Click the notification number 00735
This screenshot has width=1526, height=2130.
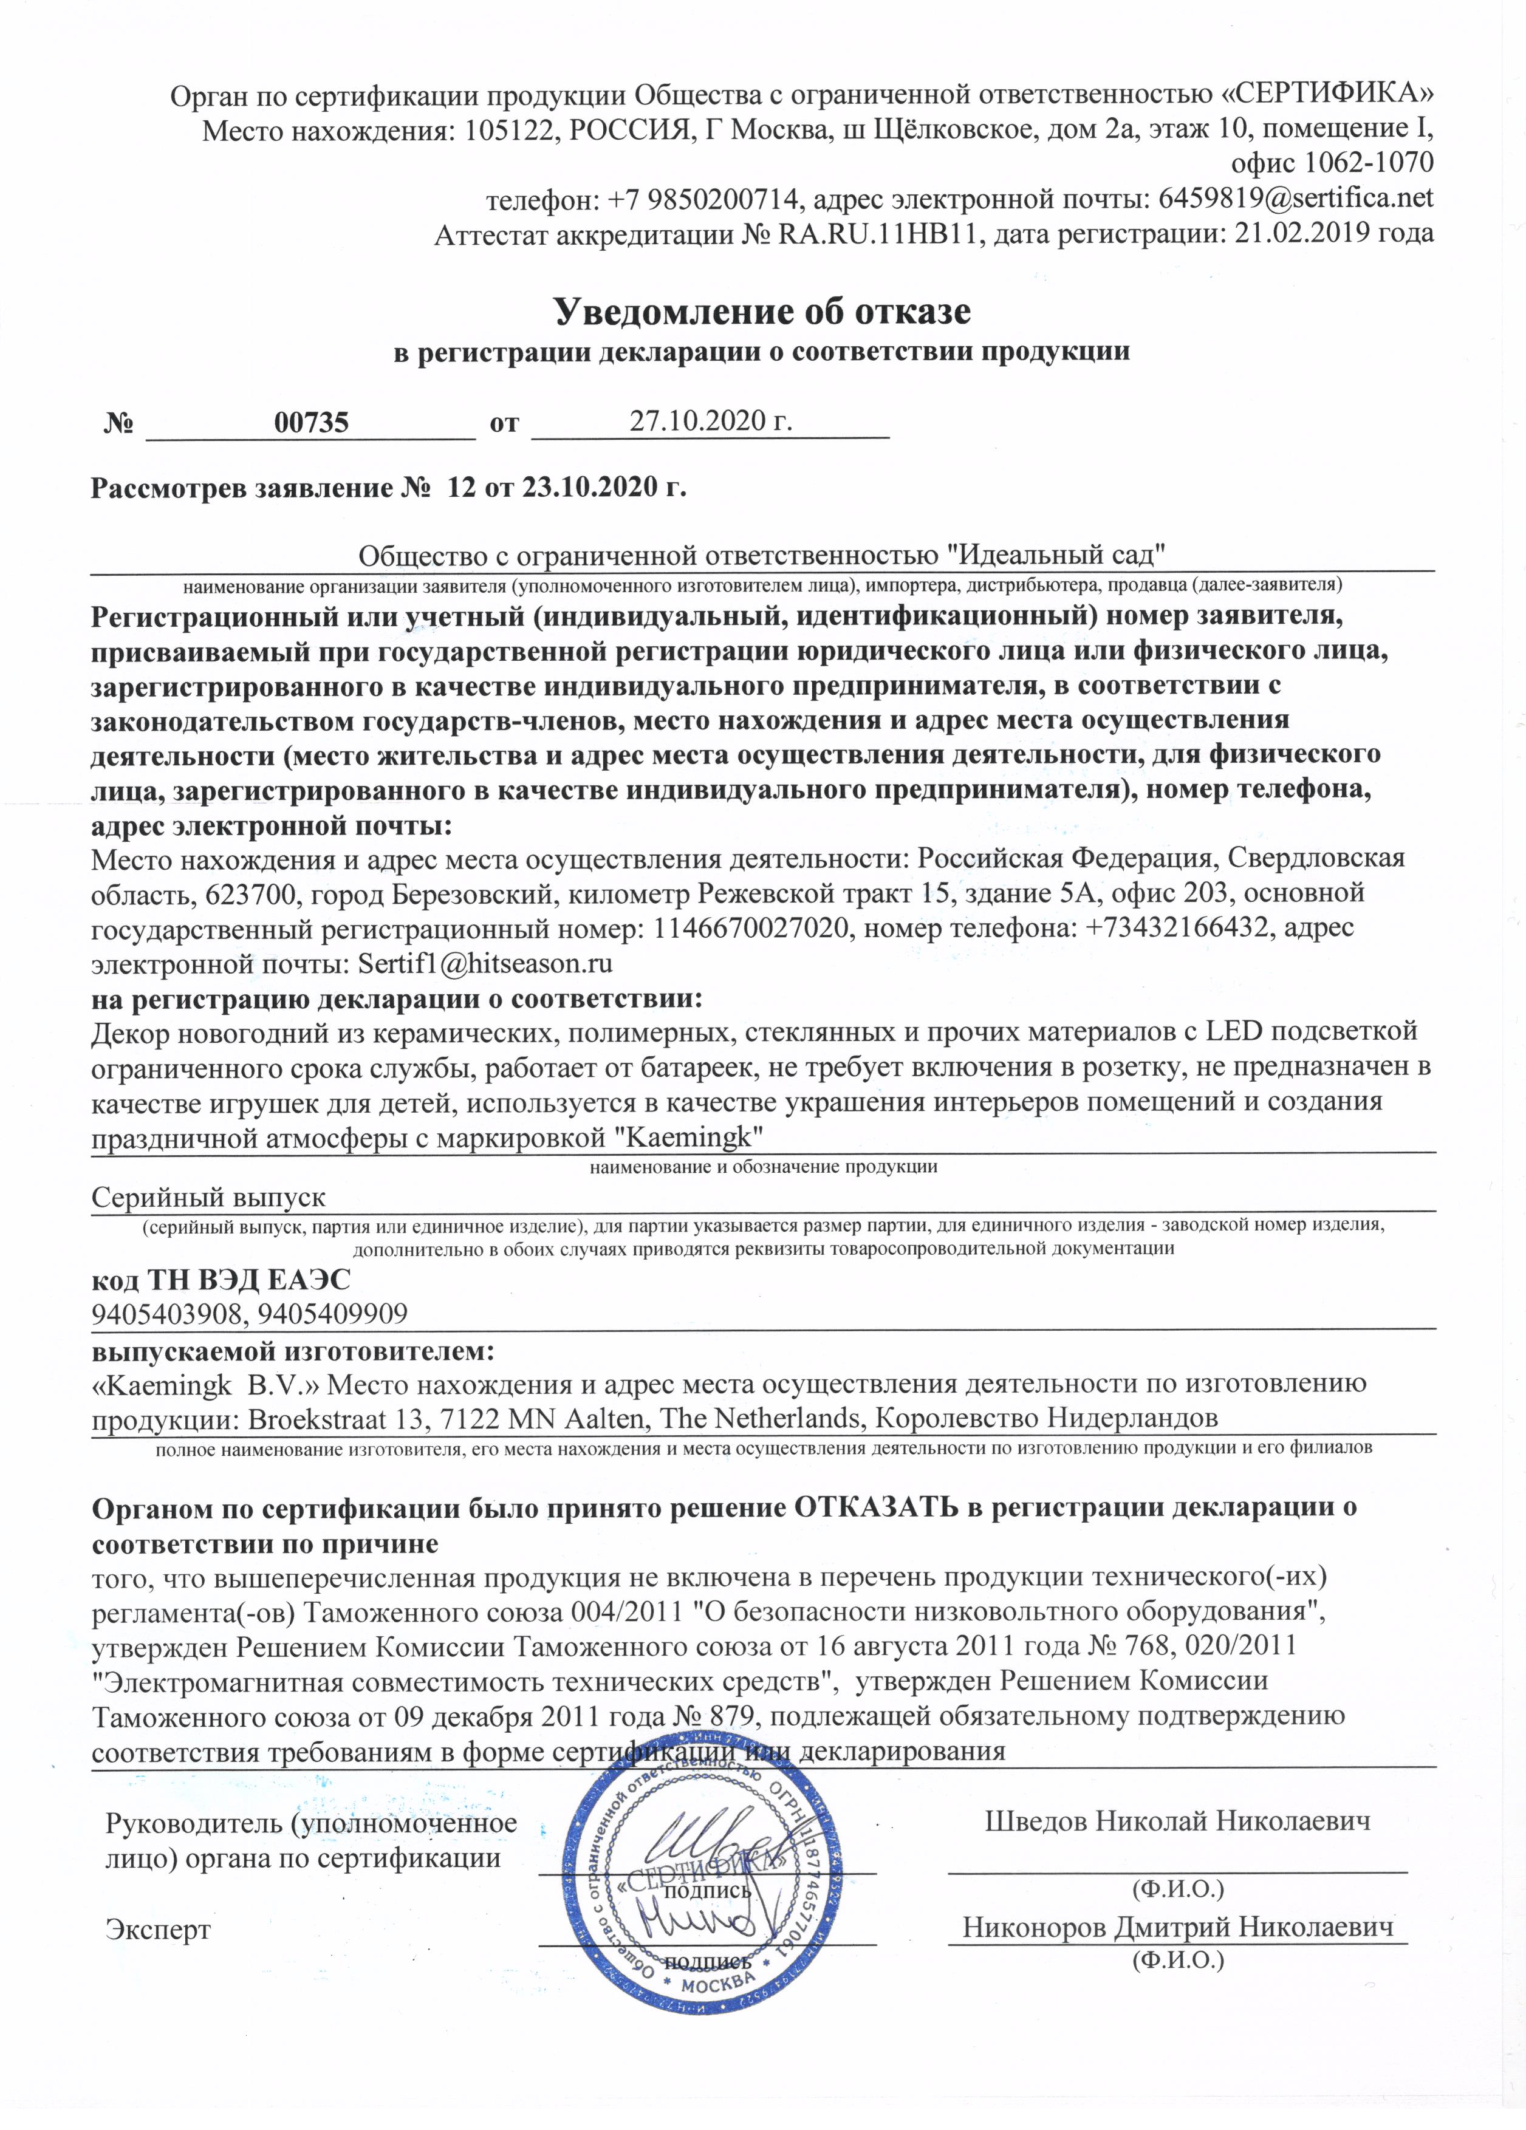point(311,423)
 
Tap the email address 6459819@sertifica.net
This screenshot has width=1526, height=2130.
point(1295,198)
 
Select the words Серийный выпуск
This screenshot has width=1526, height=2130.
point(208,1198)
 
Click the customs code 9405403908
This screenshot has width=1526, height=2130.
point(165,1313)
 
